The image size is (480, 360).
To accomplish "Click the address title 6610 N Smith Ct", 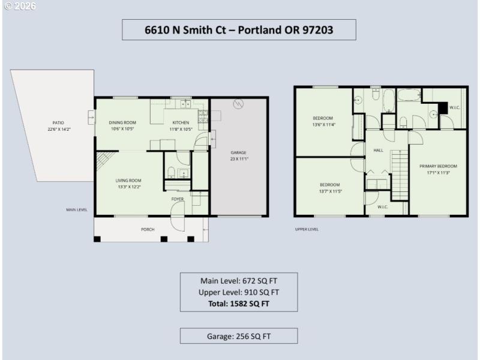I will [239, 29].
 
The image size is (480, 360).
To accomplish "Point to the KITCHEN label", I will [181, 122].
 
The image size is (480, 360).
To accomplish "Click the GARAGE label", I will [238, 152].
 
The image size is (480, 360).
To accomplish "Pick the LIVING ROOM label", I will [128, 180].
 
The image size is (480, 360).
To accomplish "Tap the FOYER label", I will [178, 199].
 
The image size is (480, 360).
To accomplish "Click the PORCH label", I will [148, 229].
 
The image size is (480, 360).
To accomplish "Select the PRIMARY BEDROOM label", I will [438, 166].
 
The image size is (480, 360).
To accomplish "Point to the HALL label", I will [378, 151].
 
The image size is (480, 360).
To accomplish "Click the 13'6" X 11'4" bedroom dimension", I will [323, 125].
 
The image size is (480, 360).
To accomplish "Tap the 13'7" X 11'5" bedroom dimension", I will [329, 191].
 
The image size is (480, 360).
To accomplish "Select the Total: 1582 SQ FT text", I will [239, 304].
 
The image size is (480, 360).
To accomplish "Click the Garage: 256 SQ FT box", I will [239, 336].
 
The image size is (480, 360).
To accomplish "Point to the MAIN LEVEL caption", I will [77, 210].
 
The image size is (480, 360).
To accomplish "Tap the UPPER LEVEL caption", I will [307, 229].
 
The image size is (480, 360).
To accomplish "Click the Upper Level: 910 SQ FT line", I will [239, 292].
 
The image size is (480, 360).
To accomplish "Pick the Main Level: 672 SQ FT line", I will [239, 280].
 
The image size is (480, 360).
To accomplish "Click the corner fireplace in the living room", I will [101, 160].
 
